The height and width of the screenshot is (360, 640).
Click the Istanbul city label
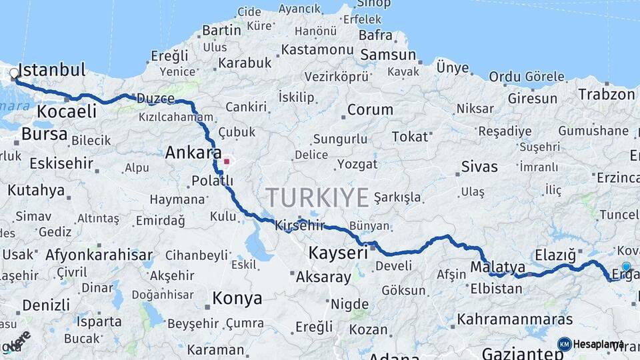coord(52,69)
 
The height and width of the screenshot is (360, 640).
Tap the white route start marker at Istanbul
coord(14,73)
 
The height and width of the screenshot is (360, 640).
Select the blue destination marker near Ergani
coord(626,267)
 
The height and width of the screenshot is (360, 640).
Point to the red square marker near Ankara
coord(227,161)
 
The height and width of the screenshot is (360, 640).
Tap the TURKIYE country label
coord(317,197)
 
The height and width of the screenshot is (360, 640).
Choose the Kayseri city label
coord(338,253)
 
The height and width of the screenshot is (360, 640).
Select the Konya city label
coord(237,298)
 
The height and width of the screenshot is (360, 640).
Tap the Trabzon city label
coord(606,94)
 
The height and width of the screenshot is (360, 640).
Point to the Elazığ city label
coord(555,254)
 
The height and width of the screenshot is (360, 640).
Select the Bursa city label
coord(45,134)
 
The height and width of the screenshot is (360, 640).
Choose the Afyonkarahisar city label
coord(99,255)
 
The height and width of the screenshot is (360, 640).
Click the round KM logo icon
coord(565,344)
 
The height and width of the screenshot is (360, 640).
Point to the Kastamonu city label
coord(317,50)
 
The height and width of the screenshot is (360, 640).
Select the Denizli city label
coord(46,305)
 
